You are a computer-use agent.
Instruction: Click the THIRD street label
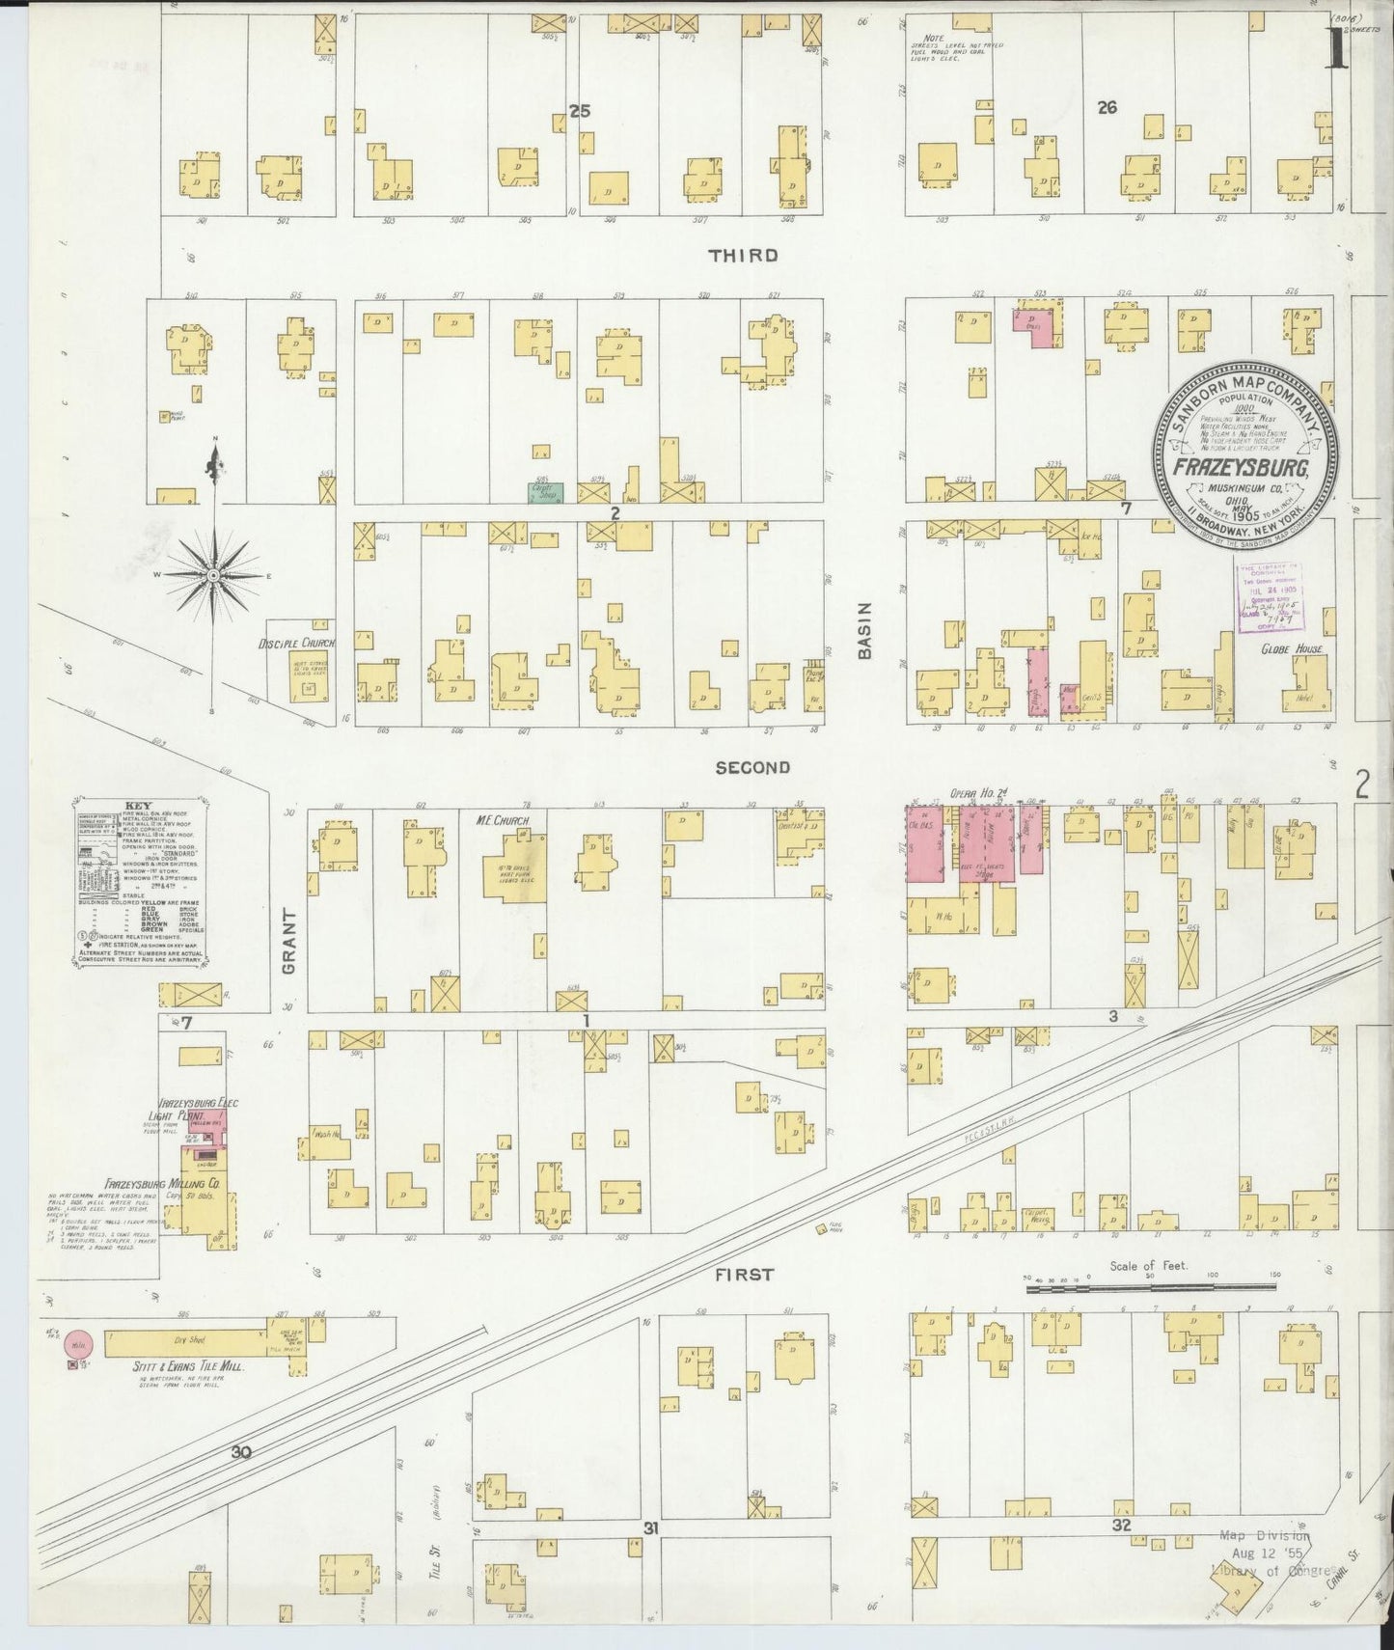[x=743, y=256]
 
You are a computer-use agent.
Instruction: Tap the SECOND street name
[x=753, y=768]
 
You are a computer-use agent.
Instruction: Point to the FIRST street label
[x=744, y=1275]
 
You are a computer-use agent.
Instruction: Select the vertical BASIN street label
[x=864, y=631]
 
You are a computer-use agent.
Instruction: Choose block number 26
[x=1107, y=108]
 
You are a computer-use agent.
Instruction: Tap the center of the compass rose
[x=211, y=575]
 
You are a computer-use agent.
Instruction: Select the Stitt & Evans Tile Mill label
[x=188, y=1367]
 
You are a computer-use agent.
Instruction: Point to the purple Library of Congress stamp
[x=1267, y=598]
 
